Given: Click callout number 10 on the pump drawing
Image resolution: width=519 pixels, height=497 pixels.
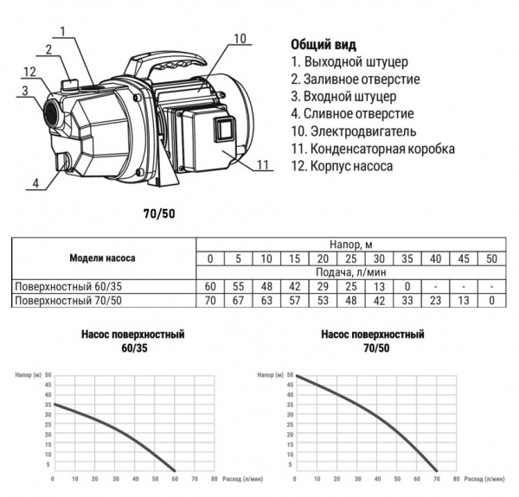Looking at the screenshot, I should coord(240,38).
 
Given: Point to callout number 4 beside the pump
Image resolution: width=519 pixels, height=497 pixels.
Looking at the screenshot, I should coord(35,183).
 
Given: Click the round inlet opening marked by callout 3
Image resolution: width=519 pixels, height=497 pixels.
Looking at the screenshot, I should coord(51,112).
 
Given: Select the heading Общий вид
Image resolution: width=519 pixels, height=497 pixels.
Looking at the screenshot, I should coord(322,44).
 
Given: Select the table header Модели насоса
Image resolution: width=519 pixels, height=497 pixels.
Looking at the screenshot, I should coord(102,258).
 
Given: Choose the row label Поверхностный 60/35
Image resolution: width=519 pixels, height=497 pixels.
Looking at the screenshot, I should coord(63,286).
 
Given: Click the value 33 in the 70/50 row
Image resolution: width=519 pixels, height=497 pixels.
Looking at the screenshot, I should coord(407,300).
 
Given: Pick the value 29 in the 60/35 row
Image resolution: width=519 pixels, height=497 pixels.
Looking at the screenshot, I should coord(322,286).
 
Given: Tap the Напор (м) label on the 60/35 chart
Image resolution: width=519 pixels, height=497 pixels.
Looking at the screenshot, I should coord(28,376).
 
